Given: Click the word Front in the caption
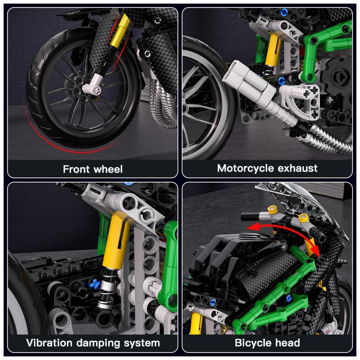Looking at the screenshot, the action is pyautogui.click(x=76, y=169).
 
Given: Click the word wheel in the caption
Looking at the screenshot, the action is pyautogui.click(x=108, y=169).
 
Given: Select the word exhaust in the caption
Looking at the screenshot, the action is pyautogui.click(x=298, y=168).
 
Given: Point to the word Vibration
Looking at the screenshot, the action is pyautogui.click(x=49, y=343).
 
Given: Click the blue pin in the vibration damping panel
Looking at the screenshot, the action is pyautogui.click(x=92, y=284).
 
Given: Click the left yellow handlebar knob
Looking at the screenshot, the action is pyautogui.click(x=273, y=210).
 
